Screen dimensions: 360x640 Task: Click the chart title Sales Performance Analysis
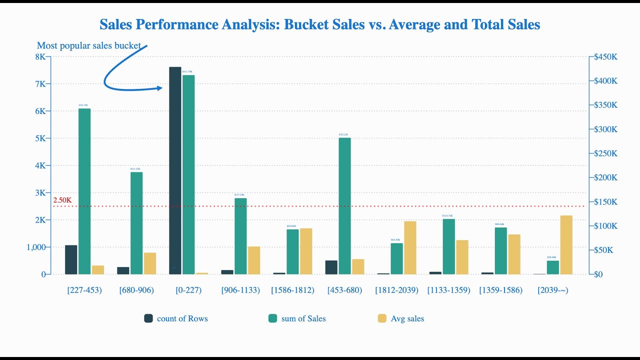coord(319,24)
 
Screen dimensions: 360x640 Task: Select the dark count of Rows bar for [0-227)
coord(175,170)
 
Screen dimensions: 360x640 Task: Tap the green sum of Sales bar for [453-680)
coord(344,205)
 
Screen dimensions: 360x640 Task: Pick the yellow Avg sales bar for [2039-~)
coord(566,244)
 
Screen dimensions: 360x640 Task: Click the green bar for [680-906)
coord(136,223)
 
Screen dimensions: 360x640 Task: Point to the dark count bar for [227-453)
coord(71,259)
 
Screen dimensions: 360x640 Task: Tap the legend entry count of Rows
coord(176,318)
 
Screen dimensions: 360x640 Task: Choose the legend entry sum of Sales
coord(297,318)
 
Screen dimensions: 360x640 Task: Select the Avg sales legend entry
coord(401,318)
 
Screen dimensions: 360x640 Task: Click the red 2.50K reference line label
coord(62,200)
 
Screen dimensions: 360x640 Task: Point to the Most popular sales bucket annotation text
coord(89,46)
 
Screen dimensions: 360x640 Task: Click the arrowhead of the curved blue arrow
coord(160,88)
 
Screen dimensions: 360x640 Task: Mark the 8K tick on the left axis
coord(40,57)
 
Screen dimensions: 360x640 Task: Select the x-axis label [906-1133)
coord(240,290)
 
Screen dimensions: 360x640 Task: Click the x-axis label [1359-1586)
coord(500,290)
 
